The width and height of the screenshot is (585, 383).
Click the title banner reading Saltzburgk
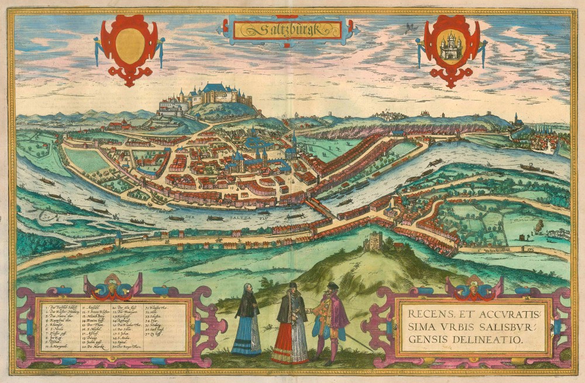tap(287, 29)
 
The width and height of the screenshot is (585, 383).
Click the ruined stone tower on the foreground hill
tap(373, 240)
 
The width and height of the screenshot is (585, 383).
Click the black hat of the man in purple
tap(332, 285)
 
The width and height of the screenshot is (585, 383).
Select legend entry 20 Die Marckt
tap(94, 346)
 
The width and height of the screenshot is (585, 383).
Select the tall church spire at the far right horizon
tap(515, 119)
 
